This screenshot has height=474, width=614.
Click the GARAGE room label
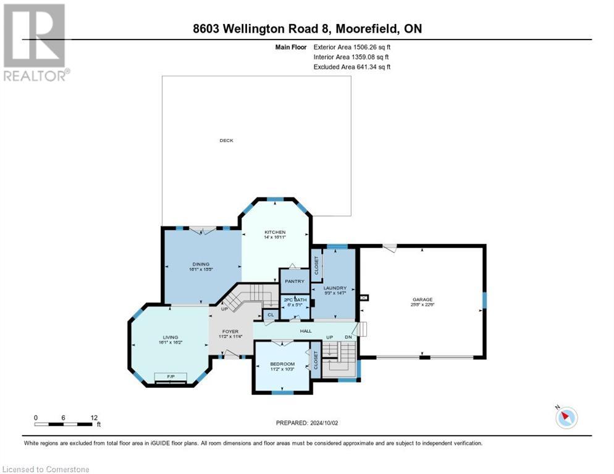tap(423, 299)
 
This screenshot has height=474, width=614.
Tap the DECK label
tap(227, 141)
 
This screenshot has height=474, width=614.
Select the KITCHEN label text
tap(274, 232)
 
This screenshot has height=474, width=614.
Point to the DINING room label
tap(200, 264)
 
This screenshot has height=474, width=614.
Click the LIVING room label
tap(170, 337)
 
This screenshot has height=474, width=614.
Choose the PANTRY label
tap(295, 281)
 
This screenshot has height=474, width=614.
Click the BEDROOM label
tap(282, 364)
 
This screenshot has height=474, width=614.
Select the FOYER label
tap(230, 331)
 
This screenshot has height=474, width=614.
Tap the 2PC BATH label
tap(295, 299)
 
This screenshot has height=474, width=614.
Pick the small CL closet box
tap(269, 315)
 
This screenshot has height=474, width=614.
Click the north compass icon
tap(566, 417)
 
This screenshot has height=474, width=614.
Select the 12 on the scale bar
tap(94, 418)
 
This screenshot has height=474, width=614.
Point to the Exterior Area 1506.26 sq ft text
tap(352, 47)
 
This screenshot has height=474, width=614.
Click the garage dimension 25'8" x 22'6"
tap(423, 305)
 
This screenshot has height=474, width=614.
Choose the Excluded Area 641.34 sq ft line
tap(352, 67)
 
